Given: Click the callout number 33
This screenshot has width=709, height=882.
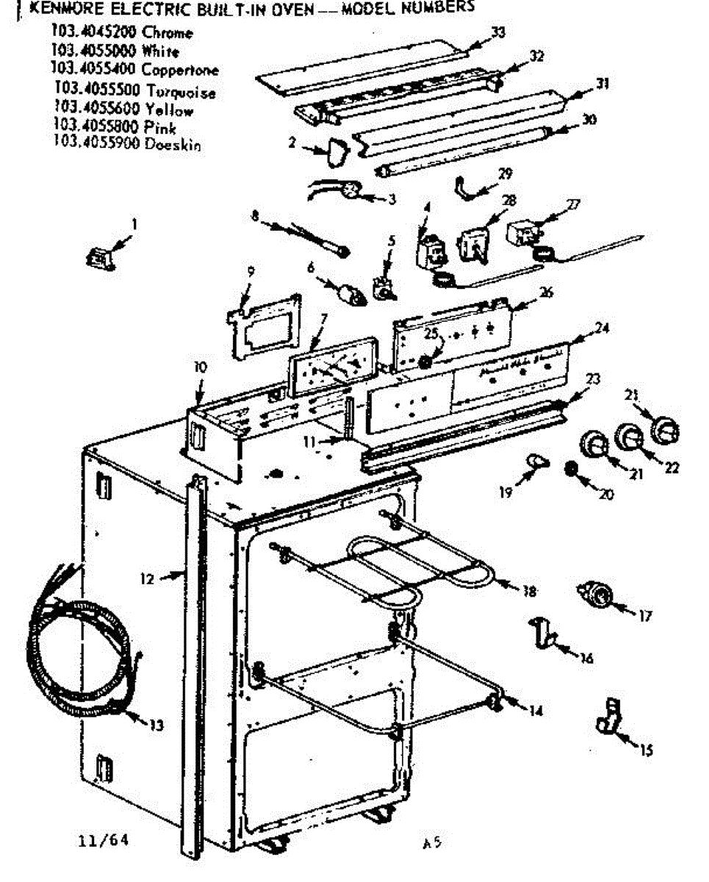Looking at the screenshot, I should click(x=498, y=32).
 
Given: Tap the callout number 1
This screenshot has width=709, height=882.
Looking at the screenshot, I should click(x=134, y=221).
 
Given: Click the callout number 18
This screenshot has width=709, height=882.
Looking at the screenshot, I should click(x=528, y=590).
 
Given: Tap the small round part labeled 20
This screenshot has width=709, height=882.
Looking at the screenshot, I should click(x=570, y=469).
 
